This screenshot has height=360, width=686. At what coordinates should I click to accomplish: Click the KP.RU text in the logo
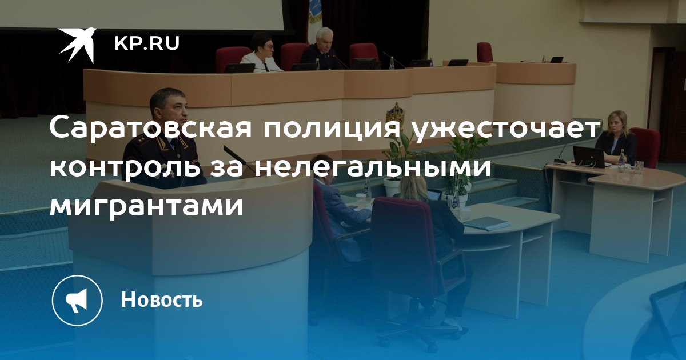click(x=147, y=43)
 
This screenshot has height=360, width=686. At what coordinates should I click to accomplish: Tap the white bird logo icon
click(x=78, y=45)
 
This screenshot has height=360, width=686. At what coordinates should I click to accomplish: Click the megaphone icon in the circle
click(x=77, y=301)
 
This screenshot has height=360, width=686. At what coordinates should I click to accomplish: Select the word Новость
click(x=162, y=299)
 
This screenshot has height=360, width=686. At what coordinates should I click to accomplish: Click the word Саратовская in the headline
click(x=150, y=128)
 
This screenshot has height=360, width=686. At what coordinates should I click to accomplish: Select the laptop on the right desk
click(x=589, y=157)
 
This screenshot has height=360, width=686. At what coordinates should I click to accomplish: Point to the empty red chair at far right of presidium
click(x=485, y=52)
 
